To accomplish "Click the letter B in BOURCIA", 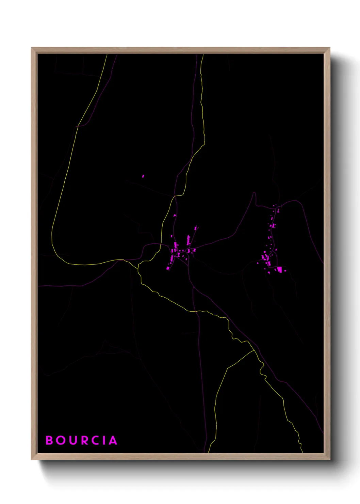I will click(x=49, y=440).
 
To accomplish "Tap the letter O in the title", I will click(x=61, y=440).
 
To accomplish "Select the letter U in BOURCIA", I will click(x=73, y=440).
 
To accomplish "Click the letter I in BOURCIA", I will click(x=104, y=440).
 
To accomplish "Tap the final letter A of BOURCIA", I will click(x=113, y=440).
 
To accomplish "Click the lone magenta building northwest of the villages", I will click(x=143, y=176).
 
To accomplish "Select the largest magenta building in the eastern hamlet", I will click(x=279, y=270).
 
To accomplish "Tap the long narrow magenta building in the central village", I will click(x=188, y=239).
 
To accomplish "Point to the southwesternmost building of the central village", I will click(x=168, y=268).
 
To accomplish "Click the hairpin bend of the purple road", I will click(x=254, y=194).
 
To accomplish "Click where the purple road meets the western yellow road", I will click(x=78, y=126).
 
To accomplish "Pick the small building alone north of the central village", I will click(x=175, y=215).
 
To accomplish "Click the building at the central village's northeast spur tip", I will click(x=196, y=227).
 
